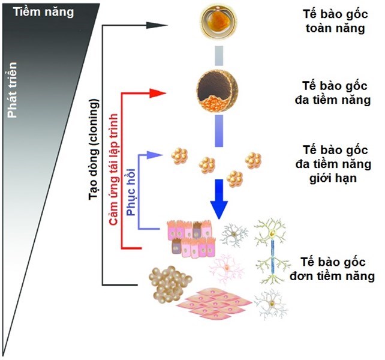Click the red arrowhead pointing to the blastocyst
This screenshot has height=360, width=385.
tap(157, 93)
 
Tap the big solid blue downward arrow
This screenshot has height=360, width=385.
tap(220, 197)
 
